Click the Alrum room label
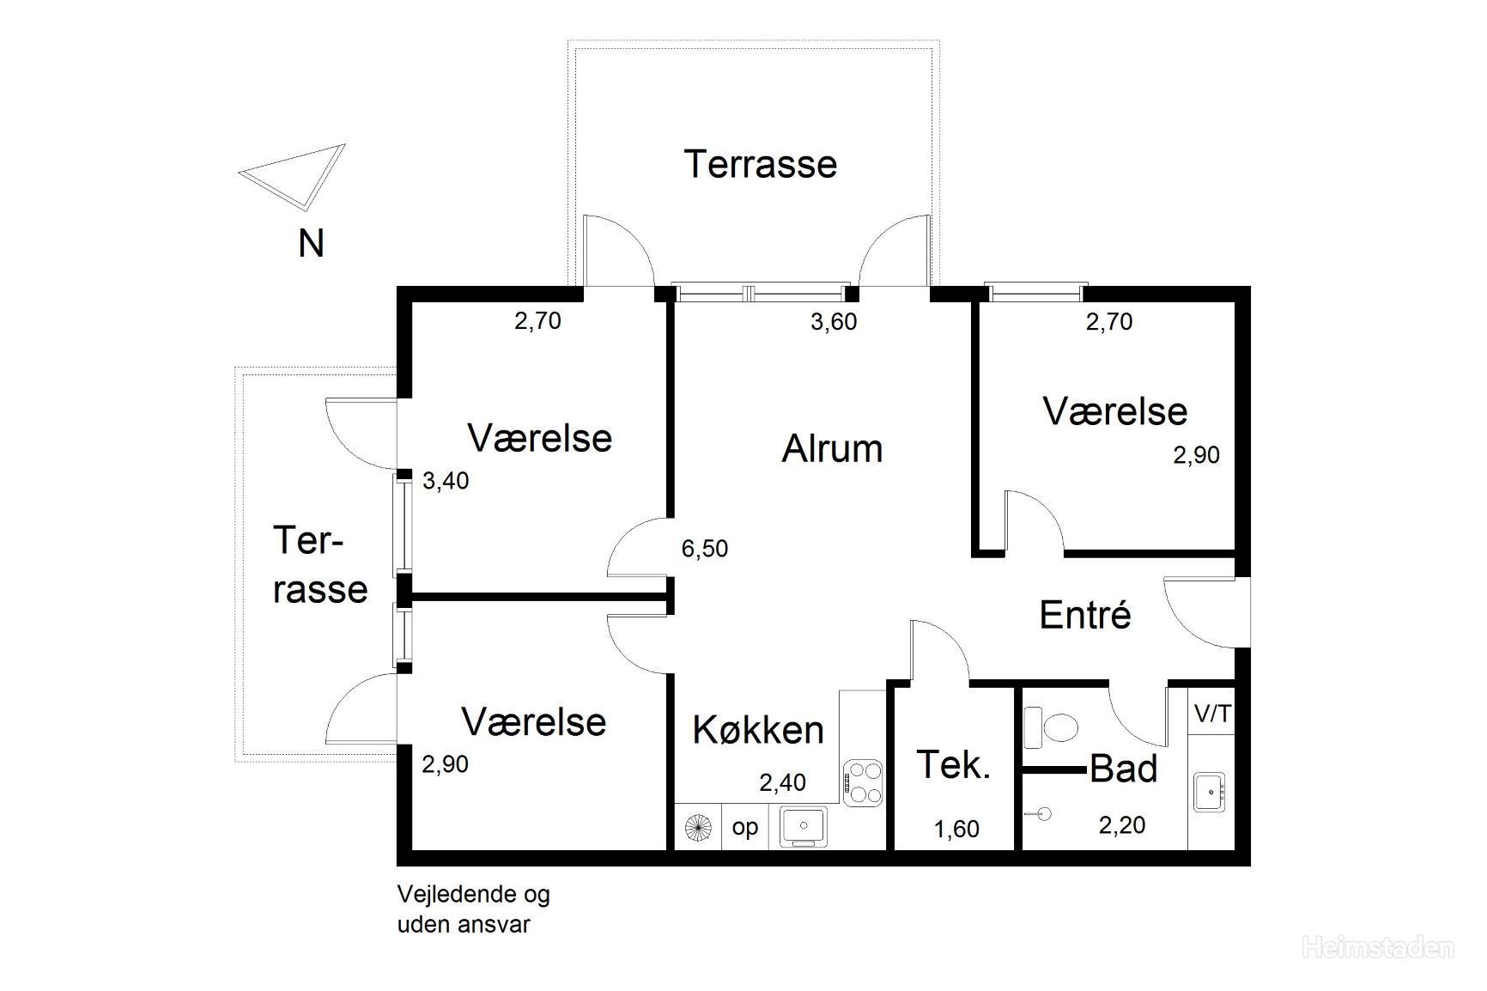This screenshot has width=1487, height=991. [x=831, y=449]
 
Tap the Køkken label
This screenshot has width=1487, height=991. [x=757, y=730]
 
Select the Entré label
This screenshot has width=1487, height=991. [x=1084, y=615]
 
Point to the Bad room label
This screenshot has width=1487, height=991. [x=1123, y=769]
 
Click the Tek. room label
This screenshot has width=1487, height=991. [x=953, y=764]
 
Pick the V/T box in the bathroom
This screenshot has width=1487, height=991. [x=1211, y=714]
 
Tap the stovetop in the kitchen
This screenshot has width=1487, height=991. [x=863, y=782]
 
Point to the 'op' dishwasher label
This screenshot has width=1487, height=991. [x=744, y=828]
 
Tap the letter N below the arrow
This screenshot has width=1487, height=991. [x=311, y=244]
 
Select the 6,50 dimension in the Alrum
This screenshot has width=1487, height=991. [x=704, y=548]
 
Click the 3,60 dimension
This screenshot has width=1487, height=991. [x=833, y=322]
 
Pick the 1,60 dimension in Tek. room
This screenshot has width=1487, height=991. [x=956, y=829]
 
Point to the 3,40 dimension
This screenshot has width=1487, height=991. [x=446, y=481]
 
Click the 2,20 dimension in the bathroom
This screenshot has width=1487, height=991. [x=1121, y=825]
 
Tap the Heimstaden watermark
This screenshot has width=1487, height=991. [x=1377, y=948]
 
